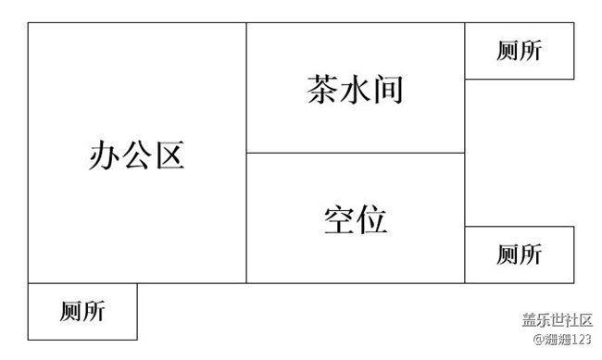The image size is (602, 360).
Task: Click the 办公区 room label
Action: (137, 155)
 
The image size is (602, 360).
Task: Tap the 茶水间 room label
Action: (355, 90)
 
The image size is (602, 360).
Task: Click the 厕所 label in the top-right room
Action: (519, 51)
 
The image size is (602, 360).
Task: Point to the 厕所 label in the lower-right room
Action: (519, 254)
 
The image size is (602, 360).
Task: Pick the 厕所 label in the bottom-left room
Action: (82, 312)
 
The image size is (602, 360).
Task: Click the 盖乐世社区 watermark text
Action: (557, 320)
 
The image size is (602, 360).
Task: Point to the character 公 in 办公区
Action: (137, 155)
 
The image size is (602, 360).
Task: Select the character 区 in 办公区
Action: (169, 155)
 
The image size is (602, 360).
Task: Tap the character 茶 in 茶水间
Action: (322, 90)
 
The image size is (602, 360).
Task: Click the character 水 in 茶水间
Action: (355, 90)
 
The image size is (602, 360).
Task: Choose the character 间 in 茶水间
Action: (387, 90)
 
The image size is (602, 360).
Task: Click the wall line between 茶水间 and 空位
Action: (355, 153)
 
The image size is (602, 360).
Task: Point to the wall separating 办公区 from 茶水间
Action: (246, 88)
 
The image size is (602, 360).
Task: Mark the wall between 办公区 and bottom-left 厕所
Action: (82, 283)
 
